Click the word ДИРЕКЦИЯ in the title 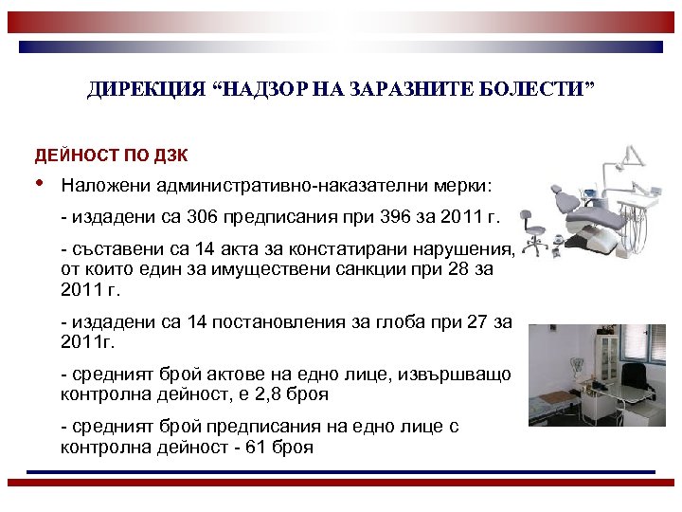coord(132,90)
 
